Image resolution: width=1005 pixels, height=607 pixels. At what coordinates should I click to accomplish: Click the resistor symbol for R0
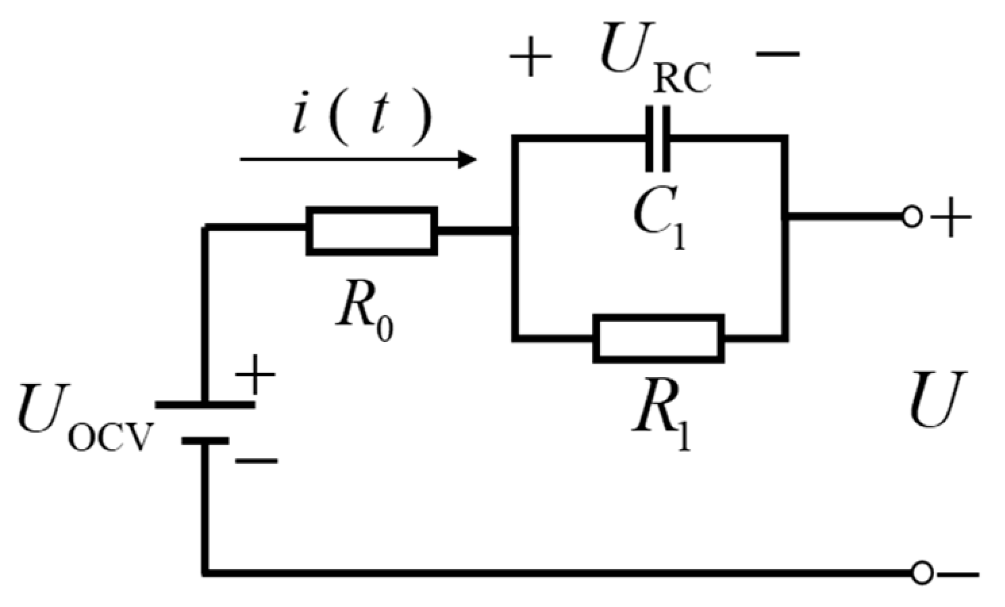(372, 231)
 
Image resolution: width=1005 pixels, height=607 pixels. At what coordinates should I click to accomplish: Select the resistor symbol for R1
(658, 338)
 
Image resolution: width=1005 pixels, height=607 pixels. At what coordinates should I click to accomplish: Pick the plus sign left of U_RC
(531, 57)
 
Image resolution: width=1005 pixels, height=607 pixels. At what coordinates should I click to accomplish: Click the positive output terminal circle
(912, 217)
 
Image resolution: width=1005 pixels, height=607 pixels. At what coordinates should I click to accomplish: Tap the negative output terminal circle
(921, 573)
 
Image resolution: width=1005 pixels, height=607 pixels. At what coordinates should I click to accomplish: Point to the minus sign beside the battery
(255, 462)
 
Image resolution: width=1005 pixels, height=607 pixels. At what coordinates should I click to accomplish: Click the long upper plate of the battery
(205, 404)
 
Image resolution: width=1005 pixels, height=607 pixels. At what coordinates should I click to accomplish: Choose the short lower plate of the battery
(205, 441)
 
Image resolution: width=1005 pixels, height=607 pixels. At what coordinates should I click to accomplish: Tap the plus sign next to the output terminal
(952, 217)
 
